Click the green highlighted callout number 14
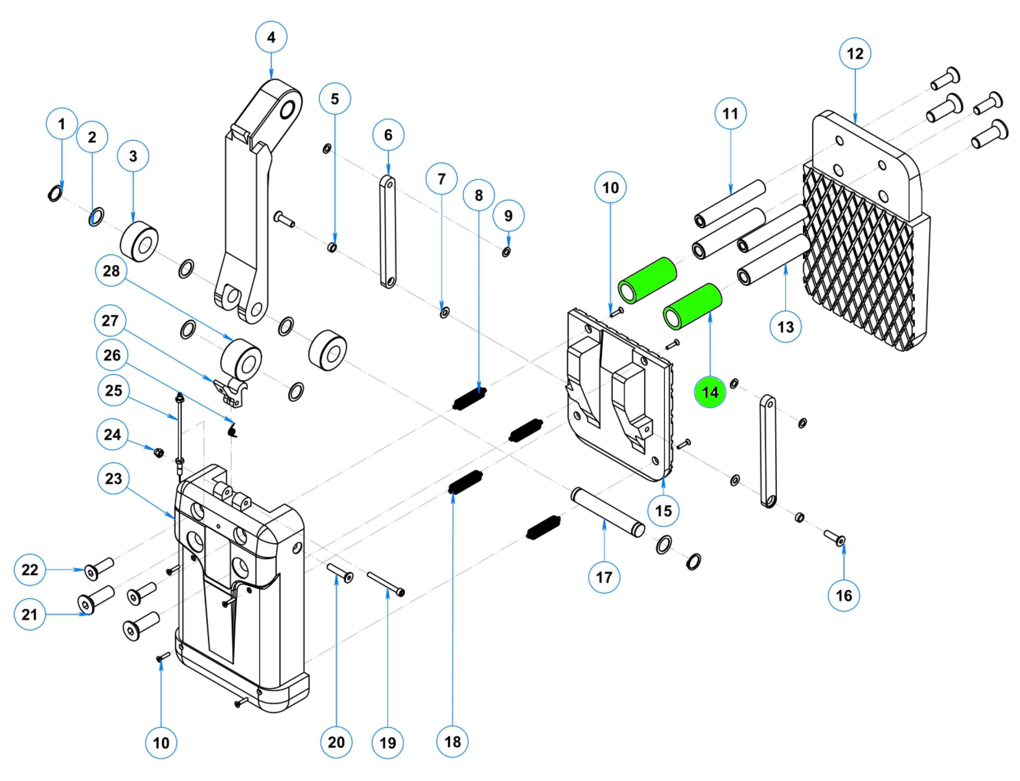click(709, 392)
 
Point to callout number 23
click(113, 478)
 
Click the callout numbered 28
click(111, 271)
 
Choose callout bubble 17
click(604, 577)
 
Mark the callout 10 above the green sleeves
click(611, 188)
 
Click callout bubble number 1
click(62, 124)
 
